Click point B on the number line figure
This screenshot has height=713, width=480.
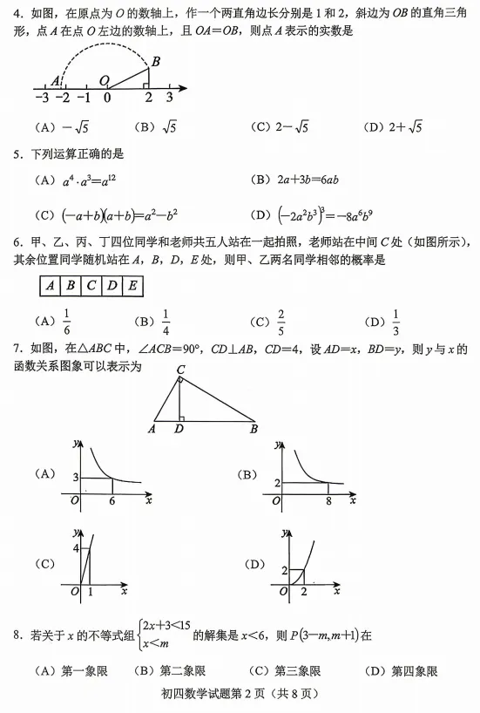pos(155,61)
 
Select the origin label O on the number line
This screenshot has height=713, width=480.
pos(104,80)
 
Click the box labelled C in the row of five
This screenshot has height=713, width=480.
pos(91,285)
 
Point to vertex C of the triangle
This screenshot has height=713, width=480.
pos(180,370)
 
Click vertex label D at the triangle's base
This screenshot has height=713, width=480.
pos(179,428)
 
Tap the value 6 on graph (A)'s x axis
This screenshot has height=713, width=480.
pos(112,502)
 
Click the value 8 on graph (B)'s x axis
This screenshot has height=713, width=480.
pos(328,502)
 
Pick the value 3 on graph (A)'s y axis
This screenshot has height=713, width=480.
pos(75,478)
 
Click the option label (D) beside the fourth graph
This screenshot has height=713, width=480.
pos(255,564)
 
